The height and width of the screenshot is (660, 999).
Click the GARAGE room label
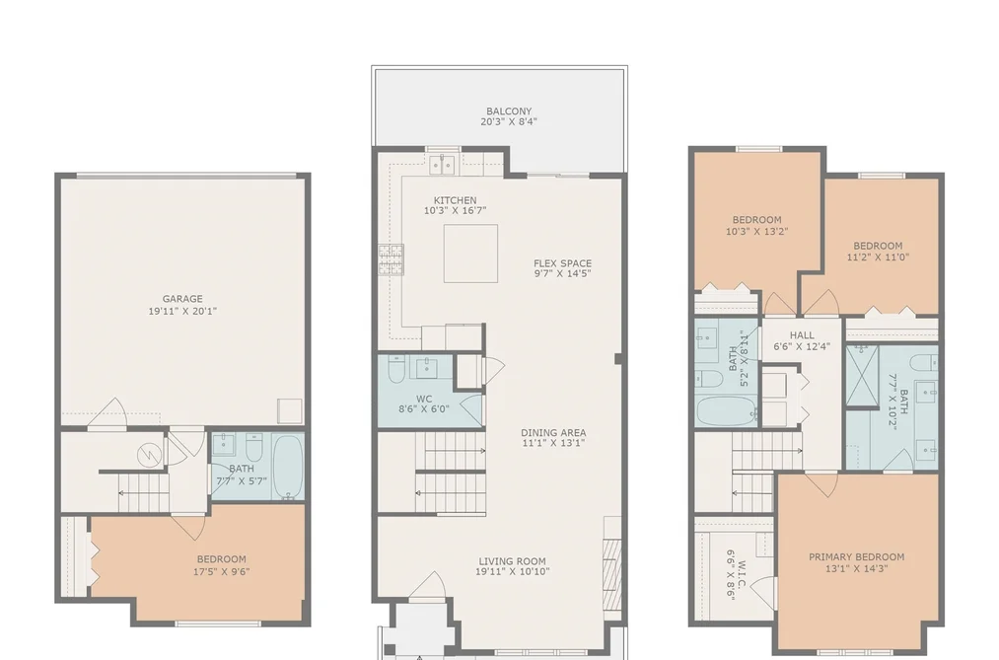[182, 299]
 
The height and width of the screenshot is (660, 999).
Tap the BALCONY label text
[509, 110]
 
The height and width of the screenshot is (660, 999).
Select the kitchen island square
[470, 253]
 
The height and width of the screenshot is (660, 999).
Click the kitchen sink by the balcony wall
[442, 164]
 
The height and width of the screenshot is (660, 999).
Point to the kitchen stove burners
[392, 259]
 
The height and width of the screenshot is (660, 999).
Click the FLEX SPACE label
[562, 263]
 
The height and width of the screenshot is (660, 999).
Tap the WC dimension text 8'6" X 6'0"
[424, 409]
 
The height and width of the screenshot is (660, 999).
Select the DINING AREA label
[553, 432]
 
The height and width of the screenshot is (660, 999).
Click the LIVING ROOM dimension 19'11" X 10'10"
[512, 571]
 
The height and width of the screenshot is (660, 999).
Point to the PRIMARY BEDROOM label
[856, 556]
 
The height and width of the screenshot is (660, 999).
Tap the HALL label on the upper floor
[802, 335]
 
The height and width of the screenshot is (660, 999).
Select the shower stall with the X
[862, 375]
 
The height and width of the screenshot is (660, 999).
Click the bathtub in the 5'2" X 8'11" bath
[726, 411]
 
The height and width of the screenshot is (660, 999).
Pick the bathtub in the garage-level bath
[289, 467]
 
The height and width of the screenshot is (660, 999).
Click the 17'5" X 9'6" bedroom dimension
[221, 571]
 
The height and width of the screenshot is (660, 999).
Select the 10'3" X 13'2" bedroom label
[757, 226]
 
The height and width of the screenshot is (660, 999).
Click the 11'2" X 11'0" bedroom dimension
[878, 257]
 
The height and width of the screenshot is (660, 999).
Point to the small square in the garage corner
[290, 411]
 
